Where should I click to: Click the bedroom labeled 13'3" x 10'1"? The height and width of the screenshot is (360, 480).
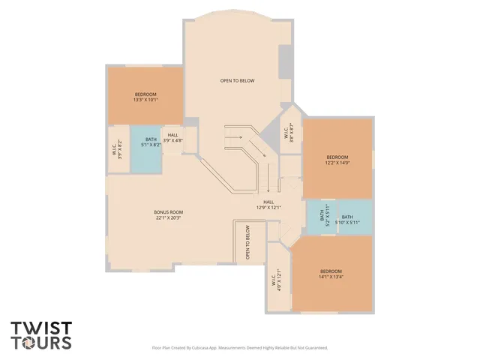pyautogui.click(x=145, y=97)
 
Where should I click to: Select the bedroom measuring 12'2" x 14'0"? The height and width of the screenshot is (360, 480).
pyautogui.click(x=337, y=159)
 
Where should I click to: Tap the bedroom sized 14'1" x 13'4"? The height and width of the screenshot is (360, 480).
pyautogui.click(x=331, y=274)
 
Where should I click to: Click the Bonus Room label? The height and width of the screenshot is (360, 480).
pyautogui.click(x=169, y=212)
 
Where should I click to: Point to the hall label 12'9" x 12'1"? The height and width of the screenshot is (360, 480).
pyautogui.click(x=268, y=205)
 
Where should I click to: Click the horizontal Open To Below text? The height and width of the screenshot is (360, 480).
pyautogui.click(x=237, y=80)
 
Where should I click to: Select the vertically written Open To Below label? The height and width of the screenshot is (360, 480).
pyautogui.click(x=247, y=243)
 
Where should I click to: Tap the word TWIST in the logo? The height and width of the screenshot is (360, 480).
pyautogui.click(x=41, y=328)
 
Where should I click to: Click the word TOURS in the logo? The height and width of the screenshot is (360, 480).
pyautogui.click(x=41, y=343)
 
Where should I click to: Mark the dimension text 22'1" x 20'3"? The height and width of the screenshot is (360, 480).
pyautogui.click(x=169, y=218)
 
